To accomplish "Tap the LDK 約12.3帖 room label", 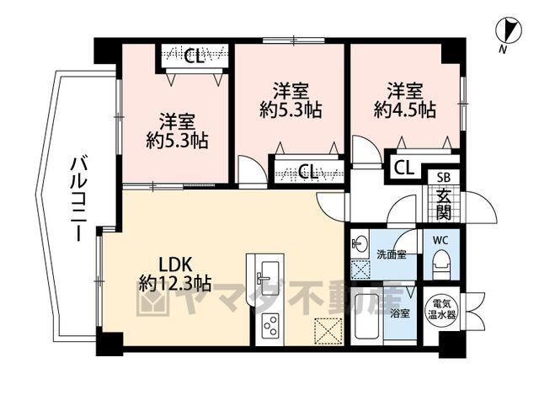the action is coord(174,275).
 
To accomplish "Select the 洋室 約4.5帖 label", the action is coord(405,101).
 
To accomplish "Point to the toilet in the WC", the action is coord(441,262).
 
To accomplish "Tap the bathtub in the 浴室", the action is coord(367,317).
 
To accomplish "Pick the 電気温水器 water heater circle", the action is coord(441,309).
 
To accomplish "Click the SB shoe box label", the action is coord(444,178).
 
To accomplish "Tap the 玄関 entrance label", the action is coord(444,205).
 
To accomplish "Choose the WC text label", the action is coord(440,240).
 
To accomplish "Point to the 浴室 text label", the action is coord(400,313).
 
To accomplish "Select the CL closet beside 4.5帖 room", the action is coord(403,168).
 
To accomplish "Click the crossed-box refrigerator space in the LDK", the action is coord(328,331).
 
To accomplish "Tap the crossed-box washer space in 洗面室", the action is coord(360,270).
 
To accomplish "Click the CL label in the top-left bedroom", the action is coord(194,56).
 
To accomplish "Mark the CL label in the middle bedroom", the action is coord(307,171).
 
